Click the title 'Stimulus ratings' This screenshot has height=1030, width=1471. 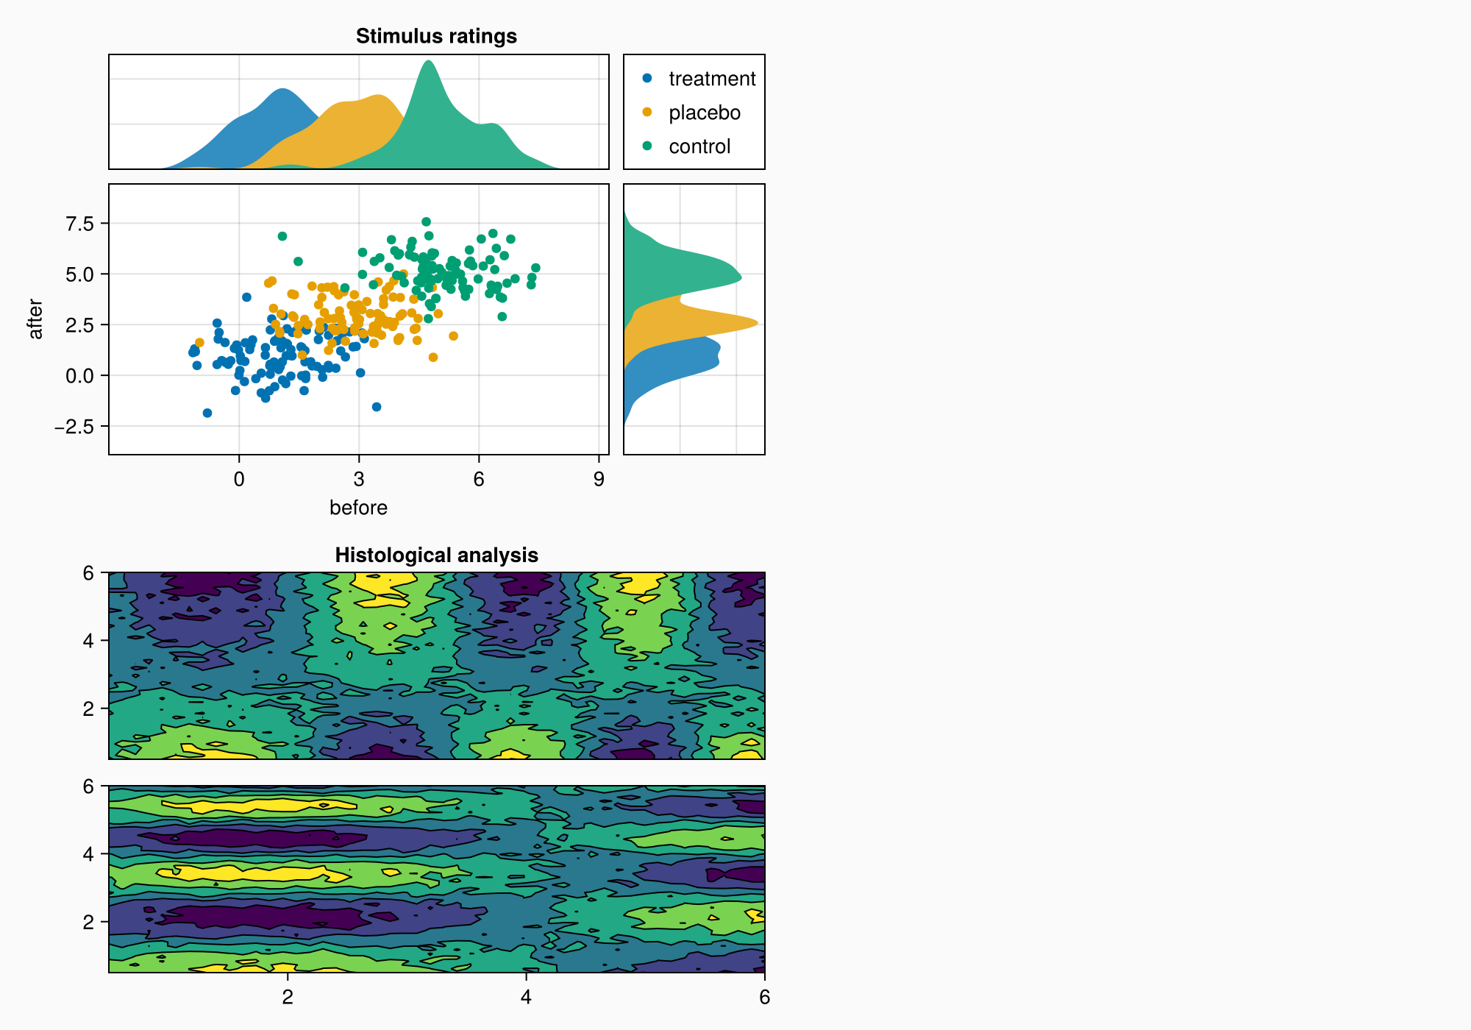pos(436,36)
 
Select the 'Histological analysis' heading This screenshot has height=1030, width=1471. pos(436,555)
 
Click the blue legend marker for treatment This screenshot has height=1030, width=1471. pos(647,77)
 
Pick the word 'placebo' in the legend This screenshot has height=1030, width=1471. pos(704,113)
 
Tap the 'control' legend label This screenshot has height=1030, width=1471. pos(699,146)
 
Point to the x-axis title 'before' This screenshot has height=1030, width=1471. pos(358,508)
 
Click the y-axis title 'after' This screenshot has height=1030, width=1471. pos(35,319)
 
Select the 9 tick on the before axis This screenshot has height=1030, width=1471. pos(599,480)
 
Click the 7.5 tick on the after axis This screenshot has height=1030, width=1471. pos(79,224)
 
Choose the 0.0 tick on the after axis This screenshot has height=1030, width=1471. pos(79,376)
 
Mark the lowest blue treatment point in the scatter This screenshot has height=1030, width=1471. pos(207,413)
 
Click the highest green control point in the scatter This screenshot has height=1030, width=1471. pos(426,221)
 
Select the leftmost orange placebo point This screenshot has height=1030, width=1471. pos(199,342)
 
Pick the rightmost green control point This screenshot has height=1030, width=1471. pos(535,268)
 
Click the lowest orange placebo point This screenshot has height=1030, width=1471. pos(433,358)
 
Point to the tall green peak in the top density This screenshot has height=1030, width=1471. pos(428,62)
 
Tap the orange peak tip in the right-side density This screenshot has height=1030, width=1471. pos(757,323)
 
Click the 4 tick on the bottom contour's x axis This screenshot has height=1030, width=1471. pos(526,997)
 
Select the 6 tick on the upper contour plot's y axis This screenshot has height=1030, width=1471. pos(89,572)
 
